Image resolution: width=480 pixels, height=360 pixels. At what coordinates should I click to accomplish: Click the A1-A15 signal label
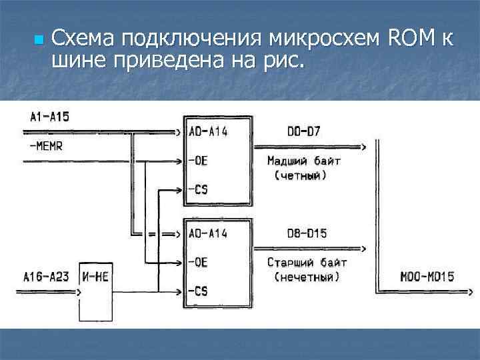pyautogui.click(x=49, y=117)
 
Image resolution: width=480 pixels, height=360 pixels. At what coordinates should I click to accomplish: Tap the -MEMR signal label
pyautogui.click(x=46, y=146)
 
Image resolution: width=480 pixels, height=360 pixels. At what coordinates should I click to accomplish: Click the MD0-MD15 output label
pyautogui.click(x=427, y=276)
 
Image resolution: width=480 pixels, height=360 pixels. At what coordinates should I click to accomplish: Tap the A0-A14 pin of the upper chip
pyautogui.click(x=208, y=131)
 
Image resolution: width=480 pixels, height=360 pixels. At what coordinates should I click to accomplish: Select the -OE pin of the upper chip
pyautogui.click(x=198, y=161)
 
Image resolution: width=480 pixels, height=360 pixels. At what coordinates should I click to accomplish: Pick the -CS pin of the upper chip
pyautogui.click(x=198, y=190)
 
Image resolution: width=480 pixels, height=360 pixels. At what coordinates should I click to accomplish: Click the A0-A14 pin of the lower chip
pyautogui.click(x=208, y=233)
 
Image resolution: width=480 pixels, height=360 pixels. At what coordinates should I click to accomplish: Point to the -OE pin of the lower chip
pyautogui.click(x=198, y=262)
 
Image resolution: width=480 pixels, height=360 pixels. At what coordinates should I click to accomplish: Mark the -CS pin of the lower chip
pyautogui.click(x=198, y=291)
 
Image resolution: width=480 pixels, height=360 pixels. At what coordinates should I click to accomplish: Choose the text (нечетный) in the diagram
pyautogui.click(x=306, y=276)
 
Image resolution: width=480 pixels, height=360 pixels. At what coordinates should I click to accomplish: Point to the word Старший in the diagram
pyautogui.click(x=287, y=262)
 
